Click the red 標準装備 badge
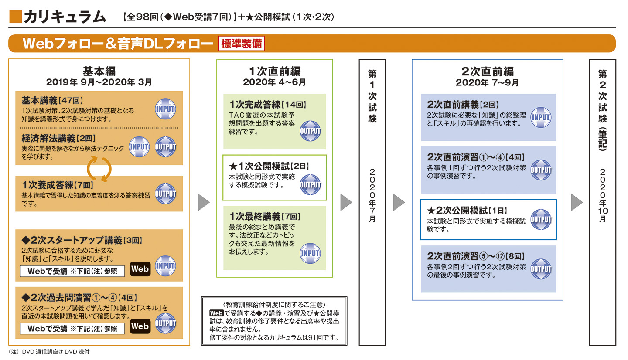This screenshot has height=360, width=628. point(241,44)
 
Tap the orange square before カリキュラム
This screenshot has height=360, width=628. point(15,16)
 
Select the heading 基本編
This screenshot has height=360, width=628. point(99,71)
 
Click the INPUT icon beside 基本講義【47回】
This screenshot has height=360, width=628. point(165,109)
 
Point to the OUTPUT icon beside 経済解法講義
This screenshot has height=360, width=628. point(165,147)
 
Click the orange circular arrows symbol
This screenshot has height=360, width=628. point(99,169)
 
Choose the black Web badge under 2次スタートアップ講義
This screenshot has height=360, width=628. point(140,269)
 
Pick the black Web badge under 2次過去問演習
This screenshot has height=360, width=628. point(140,326)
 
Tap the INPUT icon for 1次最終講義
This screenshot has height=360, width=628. point(310,253)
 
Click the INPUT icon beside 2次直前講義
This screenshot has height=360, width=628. point(541,117)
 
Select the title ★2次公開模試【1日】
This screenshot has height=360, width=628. point(467,210)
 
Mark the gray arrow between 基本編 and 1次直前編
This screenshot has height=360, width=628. point(204,202)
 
